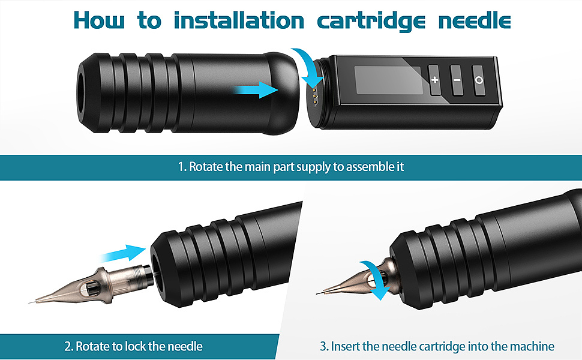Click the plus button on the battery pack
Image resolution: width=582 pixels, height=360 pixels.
[x=434, y=80]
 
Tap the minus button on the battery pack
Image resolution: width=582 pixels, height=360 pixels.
[x=457, y=80]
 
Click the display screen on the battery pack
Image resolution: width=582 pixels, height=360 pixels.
[x=388, y=80]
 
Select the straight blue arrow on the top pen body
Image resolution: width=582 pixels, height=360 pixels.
[x=256, y=90]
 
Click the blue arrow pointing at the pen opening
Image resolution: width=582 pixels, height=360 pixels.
[x=124, y=253]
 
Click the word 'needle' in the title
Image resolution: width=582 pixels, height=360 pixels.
[x=475, y=20]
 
